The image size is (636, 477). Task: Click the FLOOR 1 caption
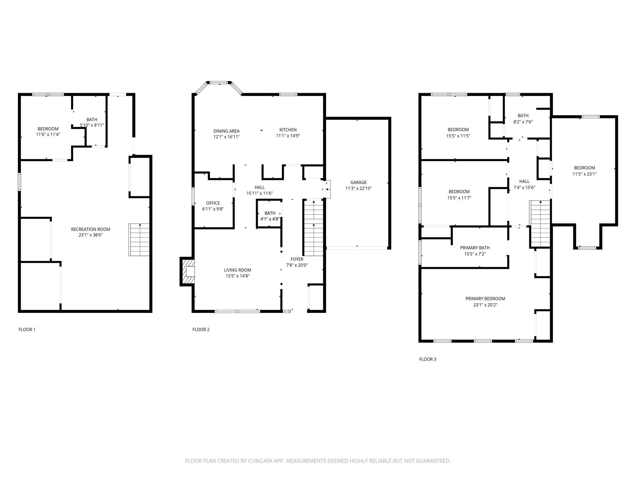(x=27, y=329)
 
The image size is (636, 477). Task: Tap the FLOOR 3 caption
(x=428, y=359)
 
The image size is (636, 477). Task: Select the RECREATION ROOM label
(x=90, y=229)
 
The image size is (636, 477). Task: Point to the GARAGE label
(x=358, y=182)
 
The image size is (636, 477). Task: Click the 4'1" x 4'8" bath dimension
(x=270, y=219)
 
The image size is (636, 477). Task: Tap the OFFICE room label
(x=213, y=203)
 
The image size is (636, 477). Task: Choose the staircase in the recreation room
(x=139, y=240)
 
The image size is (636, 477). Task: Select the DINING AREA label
(x=226, y=131)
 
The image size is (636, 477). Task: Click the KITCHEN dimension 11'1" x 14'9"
(x=288, y=136)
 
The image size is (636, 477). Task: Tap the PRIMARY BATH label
(x=475, y=248)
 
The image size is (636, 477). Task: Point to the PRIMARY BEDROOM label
(x=485, y=299)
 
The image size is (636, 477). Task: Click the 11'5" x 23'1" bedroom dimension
(x=584, y=174)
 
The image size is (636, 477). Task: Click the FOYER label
(x=297, y=259)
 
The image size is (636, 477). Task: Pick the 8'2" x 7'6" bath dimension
(x=523, y=122)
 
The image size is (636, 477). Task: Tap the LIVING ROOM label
(x=238, y=270)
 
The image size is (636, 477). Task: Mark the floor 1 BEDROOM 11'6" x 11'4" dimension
(x=48, y=134)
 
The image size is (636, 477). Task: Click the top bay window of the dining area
(x=219, y=83)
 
